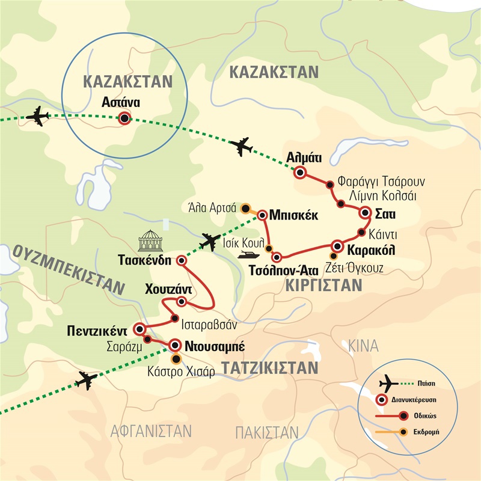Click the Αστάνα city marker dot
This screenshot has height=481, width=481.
124,118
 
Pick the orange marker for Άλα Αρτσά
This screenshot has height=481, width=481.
245,209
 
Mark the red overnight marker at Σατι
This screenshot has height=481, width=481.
365,213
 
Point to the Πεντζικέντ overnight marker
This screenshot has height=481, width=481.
139,329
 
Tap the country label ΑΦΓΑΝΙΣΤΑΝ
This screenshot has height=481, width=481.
151,430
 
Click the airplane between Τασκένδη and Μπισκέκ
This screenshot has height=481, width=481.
210,242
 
